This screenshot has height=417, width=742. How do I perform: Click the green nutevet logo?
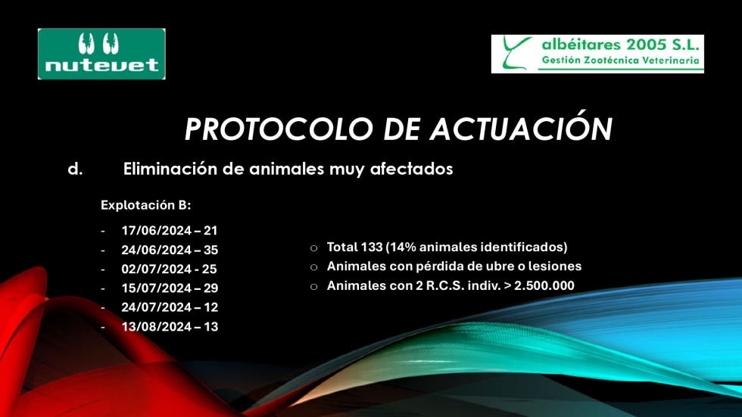(x=101, y=54)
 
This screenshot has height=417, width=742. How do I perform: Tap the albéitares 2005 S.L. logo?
(x=597, y=54)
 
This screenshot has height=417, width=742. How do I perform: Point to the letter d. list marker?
(x=75, y=169)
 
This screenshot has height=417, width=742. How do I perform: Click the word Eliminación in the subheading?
(x=170, y=168)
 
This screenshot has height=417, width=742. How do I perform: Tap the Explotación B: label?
(x=145, y=205)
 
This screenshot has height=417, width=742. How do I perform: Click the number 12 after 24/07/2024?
(x=210, y=307)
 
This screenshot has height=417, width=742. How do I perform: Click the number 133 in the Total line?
(x=372, y=247)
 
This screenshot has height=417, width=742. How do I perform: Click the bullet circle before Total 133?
(x=313, y=248)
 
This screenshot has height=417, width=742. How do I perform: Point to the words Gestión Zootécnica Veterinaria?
(x=620, y=61)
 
